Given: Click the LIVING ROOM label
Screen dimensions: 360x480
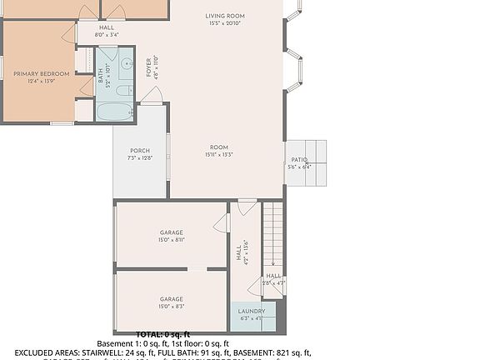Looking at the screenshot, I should tap(225, 16).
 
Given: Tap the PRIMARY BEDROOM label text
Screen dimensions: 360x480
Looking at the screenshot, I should tap(41, 74).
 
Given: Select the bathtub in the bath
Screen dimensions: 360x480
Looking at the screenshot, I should tap(114, 111).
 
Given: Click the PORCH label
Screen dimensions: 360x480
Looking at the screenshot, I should tap(140, 151).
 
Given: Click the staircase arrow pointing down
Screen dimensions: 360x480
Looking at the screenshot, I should tap(272, 262).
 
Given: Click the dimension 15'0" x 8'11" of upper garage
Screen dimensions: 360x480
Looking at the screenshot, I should tap(171, 239).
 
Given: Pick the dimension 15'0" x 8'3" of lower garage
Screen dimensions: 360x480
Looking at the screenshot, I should tap(171, 306).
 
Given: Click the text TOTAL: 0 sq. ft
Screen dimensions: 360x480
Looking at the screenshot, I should tap(163, 334).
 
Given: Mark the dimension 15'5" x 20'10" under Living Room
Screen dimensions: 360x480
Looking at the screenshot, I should tap(225, 23).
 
